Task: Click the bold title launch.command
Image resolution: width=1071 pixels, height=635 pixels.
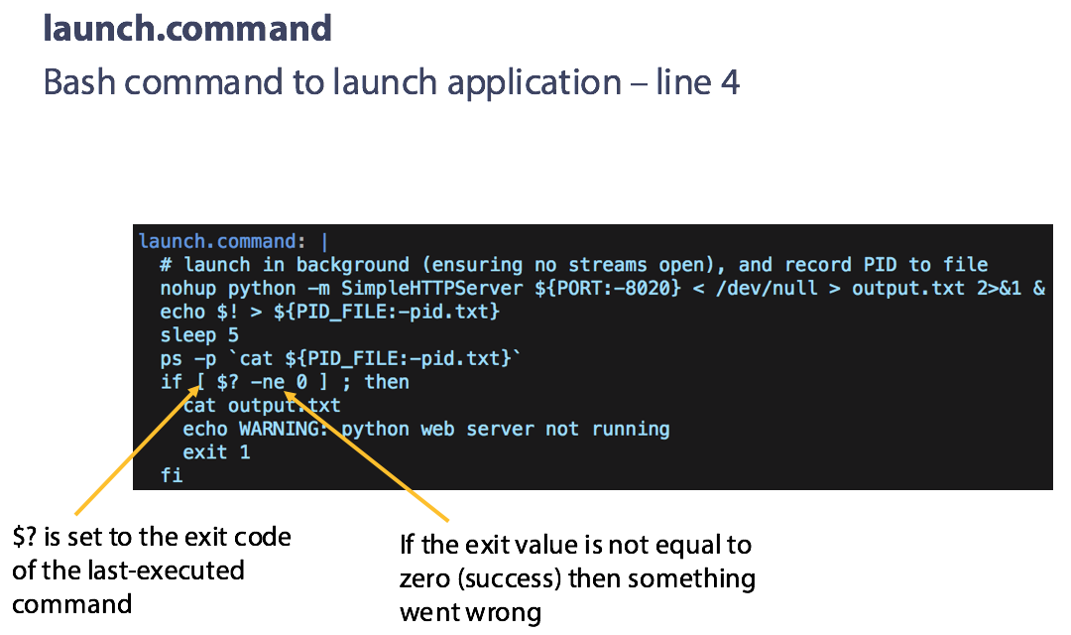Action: click(x=187, y=29)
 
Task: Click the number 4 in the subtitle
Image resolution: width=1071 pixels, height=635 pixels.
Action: click(x=730, y=83)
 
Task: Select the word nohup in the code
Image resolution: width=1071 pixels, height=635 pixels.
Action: click(x=187, y=289)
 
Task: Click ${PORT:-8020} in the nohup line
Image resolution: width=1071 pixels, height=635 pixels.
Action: click(x=607, y=289)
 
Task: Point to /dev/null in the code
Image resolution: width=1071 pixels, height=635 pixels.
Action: click(x=767, y=289)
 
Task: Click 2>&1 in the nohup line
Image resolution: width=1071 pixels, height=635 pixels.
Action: click(x=999, y=289)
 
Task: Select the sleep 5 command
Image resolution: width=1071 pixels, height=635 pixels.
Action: click(x=199, y=335)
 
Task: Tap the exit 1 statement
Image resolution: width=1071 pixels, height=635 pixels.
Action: click(x=216, y=452)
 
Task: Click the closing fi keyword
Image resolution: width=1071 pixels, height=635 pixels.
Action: click(x=172, y=475)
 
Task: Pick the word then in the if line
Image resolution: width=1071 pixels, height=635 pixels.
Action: click(x=387, y=382)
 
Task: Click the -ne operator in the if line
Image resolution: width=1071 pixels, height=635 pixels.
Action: click(x=268, y=382)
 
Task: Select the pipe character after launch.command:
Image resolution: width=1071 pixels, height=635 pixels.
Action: click(x=324, y=242)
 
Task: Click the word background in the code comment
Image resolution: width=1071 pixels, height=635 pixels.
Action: click(x=352, y=265)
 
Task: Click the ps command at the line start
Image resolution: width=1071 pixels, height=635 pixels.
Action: click(x=172, y=359)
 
